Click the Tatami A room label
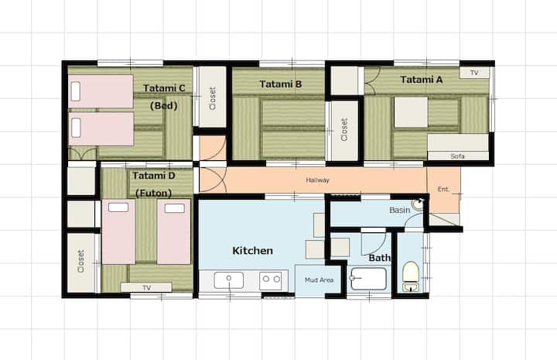pos(422,80)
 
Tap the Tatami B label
pos(281,84)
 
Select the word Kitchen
pos(252,251)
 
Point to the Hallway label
pos(318,180)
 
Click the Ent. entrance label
pos(443,189)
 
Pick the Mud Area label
pos(319,280)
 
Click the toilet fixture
pos(411,276)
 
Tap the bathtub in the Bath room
pos(368,279)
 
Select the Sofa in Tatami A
pos(458,146)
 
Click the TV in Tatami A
pos(474,73)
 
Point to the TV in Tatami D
pos(146,287)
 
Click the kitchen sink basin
pos(229,280)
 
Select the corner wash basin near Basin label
pos(418,204)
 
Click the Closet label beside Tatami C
pos(213,98)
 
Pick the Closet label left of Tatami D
pos(81,261)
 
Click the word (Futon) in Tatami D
pos(153,194)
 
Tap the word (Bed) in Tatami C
pos(163,105)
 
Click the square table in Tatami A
pos(411,112)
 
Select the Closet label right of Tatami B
pos(343,129)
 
